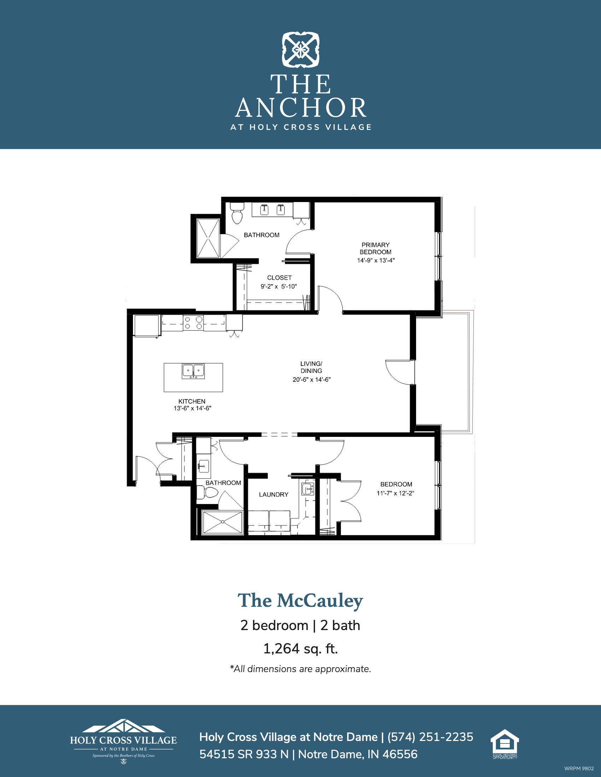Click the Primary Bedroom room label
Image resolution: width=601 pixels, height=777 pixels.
[x=375, y=248]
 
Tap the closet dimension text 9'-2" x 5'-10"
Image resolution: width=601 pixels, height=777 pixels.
[x=279, y=286]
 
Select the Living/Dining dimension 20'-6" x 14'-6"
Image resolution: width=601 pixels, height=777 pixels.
[x=311, y=380]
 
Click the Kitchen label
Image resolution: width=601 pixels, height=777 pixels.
[x=192, y=401]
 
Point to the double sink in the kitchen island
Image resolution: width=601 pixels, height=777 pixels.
[x=193, y=371]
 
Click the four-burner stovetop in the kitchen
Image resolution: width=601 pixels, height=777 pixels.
[x=193, y=323]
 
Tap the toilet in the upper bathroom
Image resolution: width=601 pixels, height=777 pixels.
[x=237, y=213]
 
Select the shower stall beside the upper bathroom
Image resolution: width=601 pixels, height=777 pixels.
[x=208, y=238]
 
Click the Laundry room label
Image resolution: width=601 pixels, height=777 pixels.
[x=273, y=494]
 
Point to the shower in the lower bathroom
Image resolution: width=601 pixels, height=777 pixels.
[x=222, y=522]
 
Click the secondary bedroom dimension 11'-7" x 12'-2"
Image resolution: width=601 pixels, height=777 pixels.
[x=396, y=493]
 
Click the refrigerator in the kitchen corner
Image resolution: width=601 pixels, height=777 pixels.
[x=146, y=326]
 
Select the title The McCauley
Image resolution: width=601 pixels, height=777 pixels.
[x=300, y=600]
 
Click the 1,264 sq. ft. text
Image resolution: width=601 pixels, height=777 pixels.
[x=300, y=648]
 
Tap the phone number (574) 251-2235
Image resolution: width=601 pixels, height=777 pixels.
[x=430, y=737]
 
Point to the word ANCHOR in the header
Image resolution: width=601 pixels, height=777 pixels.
[x=301, y=108]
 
